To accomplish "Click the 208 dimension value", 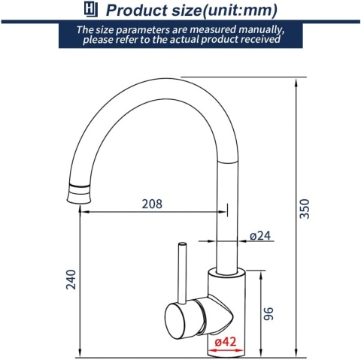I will [x=151, y=203].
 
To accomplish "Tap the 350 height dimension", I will [x=305, y=208].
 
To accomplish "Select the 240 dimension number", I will [x=71, y=280].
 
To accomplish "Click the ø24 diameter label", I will [x=259, y=236].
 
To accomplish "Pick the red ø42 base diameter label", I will [x=226, y=343].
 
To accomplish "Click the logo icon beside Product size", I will [x=89, y=11].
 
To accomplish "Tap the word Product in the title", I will [x=138, y=11].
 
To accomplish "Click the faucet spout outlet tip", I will [x=77, y=197].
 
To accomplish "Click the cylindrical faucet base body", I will [x=226, y=308].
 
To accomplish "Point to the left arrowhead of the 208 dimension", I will [x=83, y=212].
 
